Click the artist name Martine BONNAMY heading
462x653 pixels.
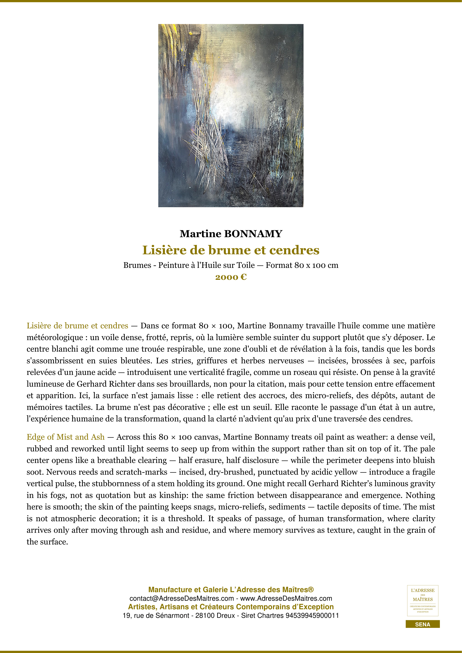point(231,234)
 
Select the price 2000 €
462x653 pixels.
point(231,277)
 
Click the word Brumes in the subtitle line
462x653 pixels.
point(137,265)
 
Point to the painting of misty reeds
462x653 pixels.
point(231,115)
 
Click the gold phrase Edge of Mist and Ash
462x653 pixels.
point(65,437)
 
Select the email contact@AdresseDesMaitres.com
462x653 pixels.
point(182,598)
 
